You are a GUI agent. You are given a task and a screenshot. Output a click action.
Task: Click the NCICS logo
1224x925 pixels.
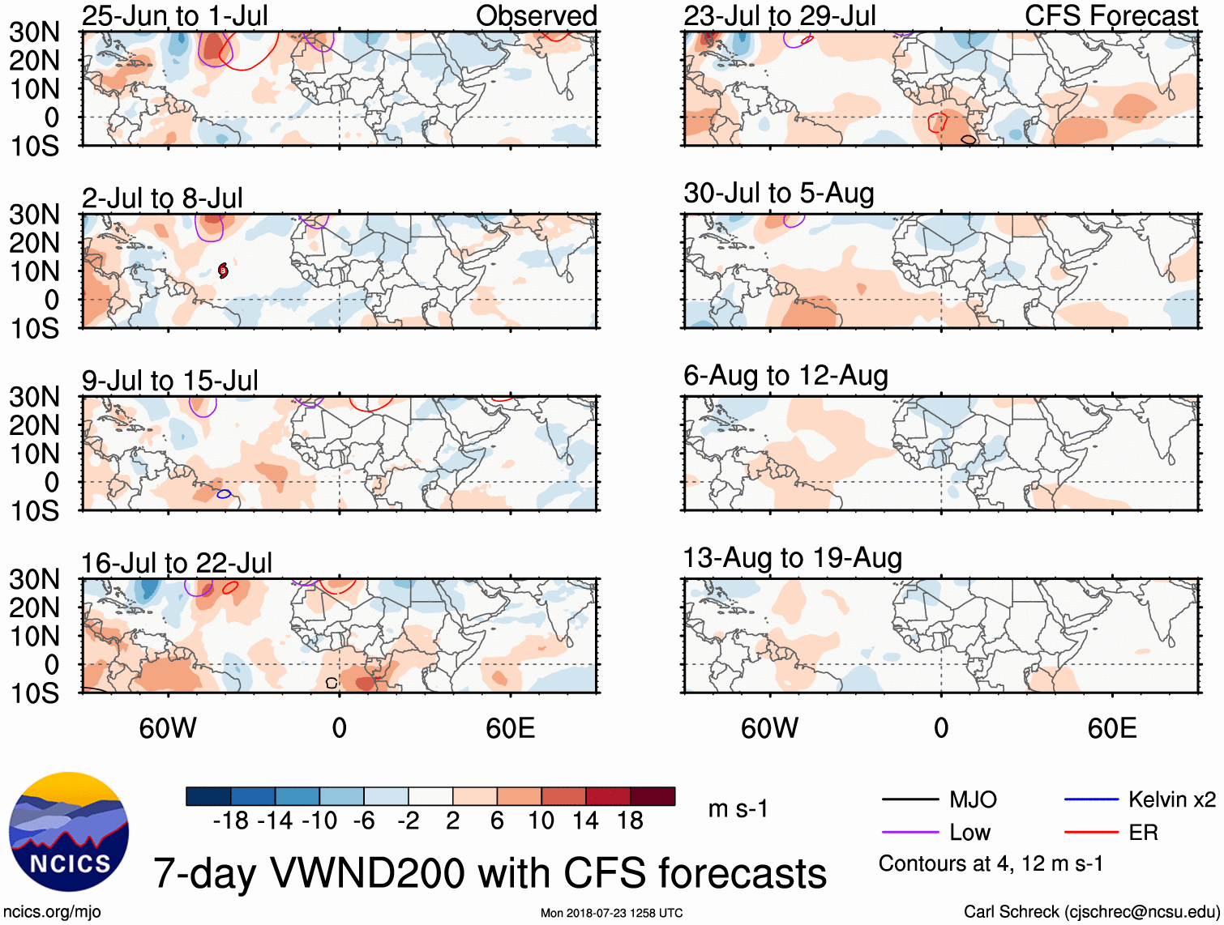pos(69,832)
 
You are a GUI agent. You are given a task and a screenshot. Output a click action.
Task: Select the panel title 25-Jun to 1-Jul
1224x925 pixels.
pos(174,15)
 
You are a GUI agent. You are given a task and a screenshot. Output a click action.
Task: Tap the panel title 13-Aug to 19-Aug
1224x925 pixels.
pos(792,558)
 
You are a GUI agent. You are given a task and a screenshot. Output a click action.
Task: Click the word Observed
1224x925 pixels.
pos(536,15)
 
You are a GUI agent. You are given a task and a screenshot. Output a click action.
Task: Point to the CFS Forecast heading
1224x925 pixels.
pos(1111,15)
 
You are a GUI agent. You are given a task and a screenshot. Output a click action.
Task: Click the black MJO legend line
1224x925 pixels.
pos(910,800)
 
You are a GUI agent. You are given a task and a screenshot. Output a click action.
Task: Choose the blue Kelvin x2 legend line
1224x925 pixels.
pos(1091,800)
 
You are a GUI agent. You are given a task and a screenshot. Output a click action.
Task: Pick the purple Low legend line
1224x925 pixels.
pos(910,833)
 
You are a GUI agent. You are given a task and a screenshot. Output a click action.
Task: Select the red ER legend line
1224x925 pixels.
pos(1091,833)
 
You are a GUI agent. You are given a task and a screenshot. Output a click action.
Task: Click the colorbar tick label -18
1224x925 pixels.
pos(231,821)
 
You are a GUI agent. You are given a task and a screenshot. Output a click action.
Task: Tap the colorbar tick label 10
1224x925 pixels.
pos(541,821)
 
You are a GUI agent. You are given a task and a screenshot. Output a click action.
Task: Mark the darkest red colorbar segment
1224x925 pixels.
pos(653,796)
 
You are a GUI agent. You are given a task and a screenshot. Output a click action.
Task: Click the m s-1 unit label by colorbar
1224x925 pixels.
pos(738,809)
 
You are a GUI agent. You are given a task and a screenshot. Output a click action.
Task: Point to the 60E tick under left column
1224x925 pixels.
pos(510,728)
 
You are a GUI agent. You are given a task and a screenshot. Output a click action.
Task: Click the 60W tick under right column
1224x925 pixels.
pos(769,728)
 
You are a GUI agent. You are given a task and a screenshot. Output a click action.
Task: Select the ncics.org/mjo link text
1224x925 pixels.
pos(52,912)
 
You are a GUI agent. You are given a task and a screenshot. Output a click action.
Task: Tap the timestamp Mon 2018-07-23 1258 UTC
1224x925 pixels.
pos(611,913)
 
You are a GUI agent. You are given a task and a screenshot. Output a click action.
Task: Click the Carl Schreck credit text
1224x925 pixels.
pos(1091,912)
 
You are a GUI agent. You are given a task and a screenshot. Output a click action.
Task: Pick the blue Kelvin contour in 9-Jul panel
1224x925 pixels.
pos(224,493)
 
